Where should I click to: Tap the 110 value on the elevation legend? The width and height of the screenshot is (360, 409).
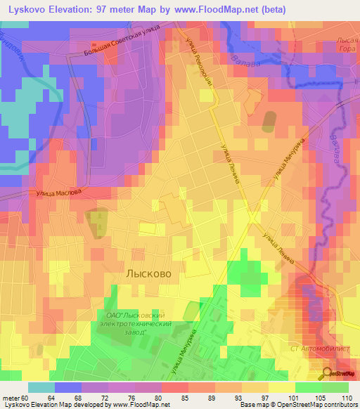pos(346,397)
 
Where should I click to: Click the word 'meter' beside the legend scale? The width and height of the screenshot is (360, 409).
pos(11,397)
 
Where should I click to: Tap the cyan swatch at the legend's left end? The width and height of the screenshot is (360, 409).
pos(41,387)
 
